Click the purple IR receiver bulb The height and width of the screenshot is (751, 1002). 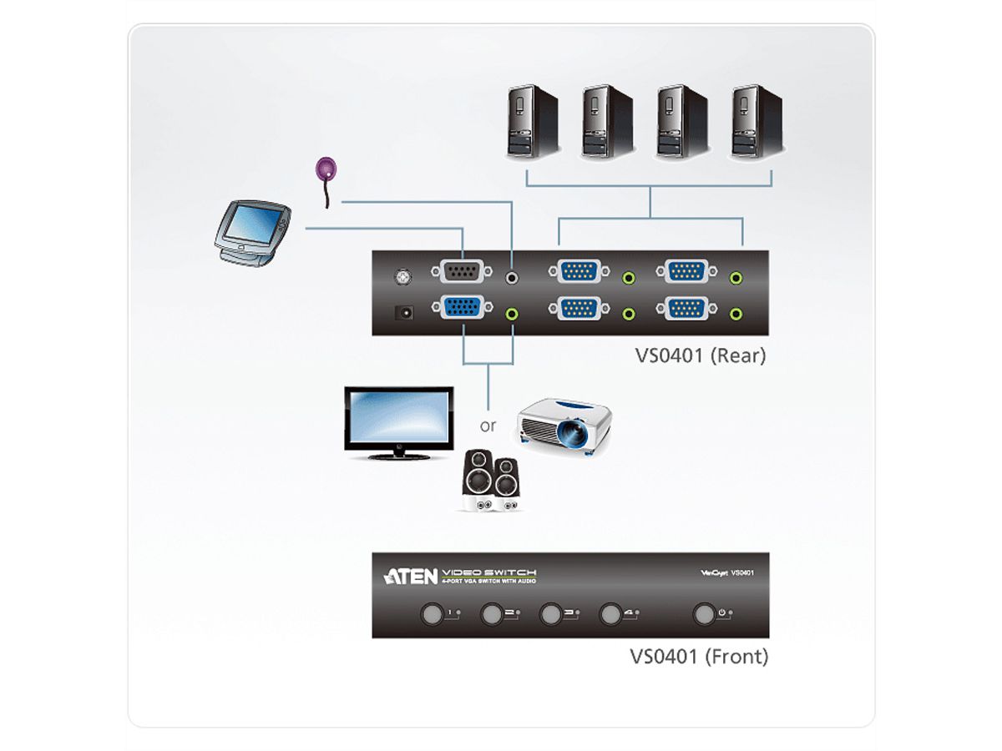coord(326,169)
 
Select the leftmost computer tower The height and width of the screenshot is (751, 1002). coord(532,121)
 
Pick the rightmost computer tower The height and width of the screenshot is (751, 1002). coord(757,121)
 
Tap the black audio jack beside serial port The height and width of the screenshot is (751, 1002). coord(513,275)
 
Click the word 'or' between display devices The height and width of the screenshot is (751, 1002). coord(488,426)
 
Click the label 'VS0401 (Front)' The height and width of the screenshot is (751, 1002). coord(698,657)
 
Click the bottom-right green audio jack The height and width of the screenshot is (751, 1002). coord(736,313)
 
